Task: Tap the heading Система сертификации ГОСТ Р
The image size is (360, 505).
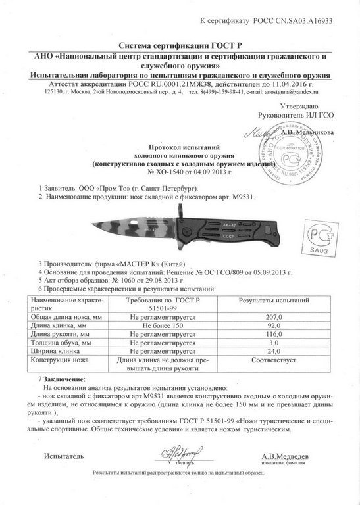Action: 180,45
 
